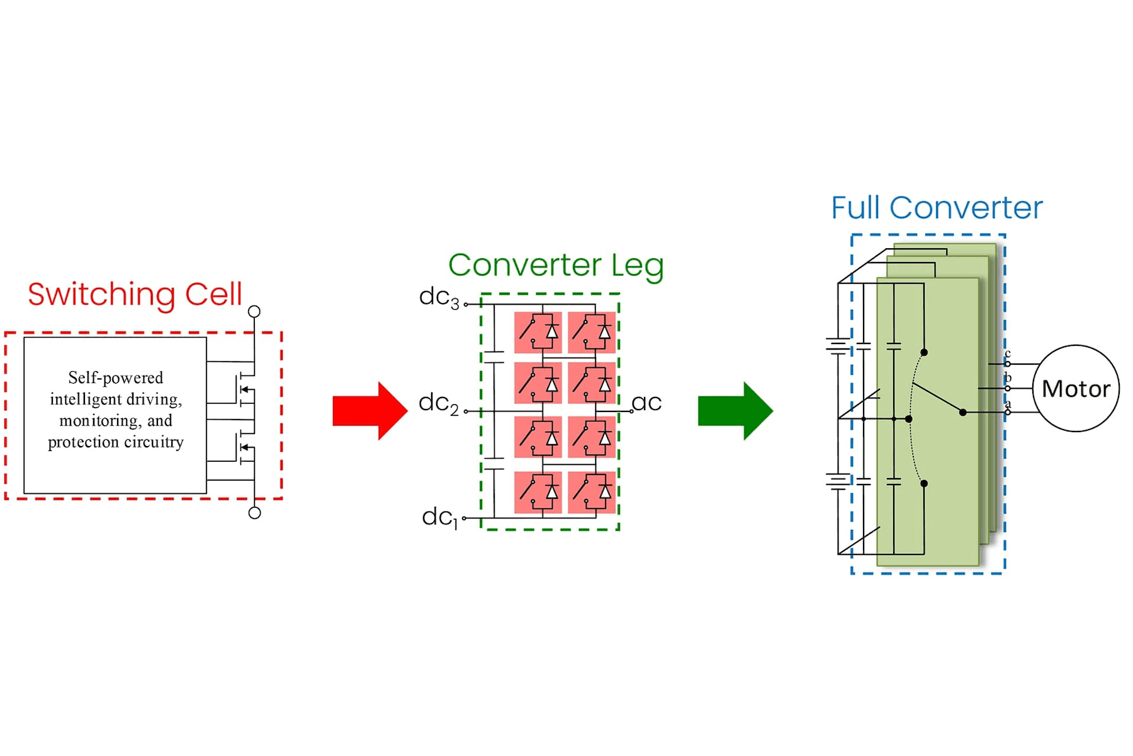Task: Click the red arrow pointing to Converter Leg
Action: (x=369, y=411)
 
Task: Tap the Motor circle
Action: (x=1076, y=389)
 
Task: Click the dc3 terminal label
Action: (x=439, y=298)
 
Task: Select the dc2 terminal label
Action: (x=439, y=404)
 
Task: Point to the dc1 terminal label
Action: (x=439, y=518)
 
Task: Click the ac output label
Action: (x=647, y=403)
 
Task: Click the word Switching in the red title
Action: (x=101, y=295)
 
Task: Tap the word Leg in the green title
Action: (x=637, y=266)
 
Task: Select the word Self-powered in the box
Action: (x=115, y=378)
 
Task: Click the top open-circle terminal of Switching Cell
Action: (x=254, y=311)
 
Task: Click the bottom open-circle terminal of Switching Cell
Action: (x=254, y=513)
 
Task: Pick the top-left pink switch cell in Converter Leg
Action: (x=538, y=332)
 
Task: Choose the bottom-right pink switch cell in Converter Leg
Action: (x=592, y=493)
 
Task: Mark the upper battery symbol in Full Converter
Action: (x=838, y=346)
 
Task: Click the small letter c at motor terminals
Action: (x=1008, y=353)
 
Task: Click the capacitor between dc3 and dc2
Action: (x=494, y=357)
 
